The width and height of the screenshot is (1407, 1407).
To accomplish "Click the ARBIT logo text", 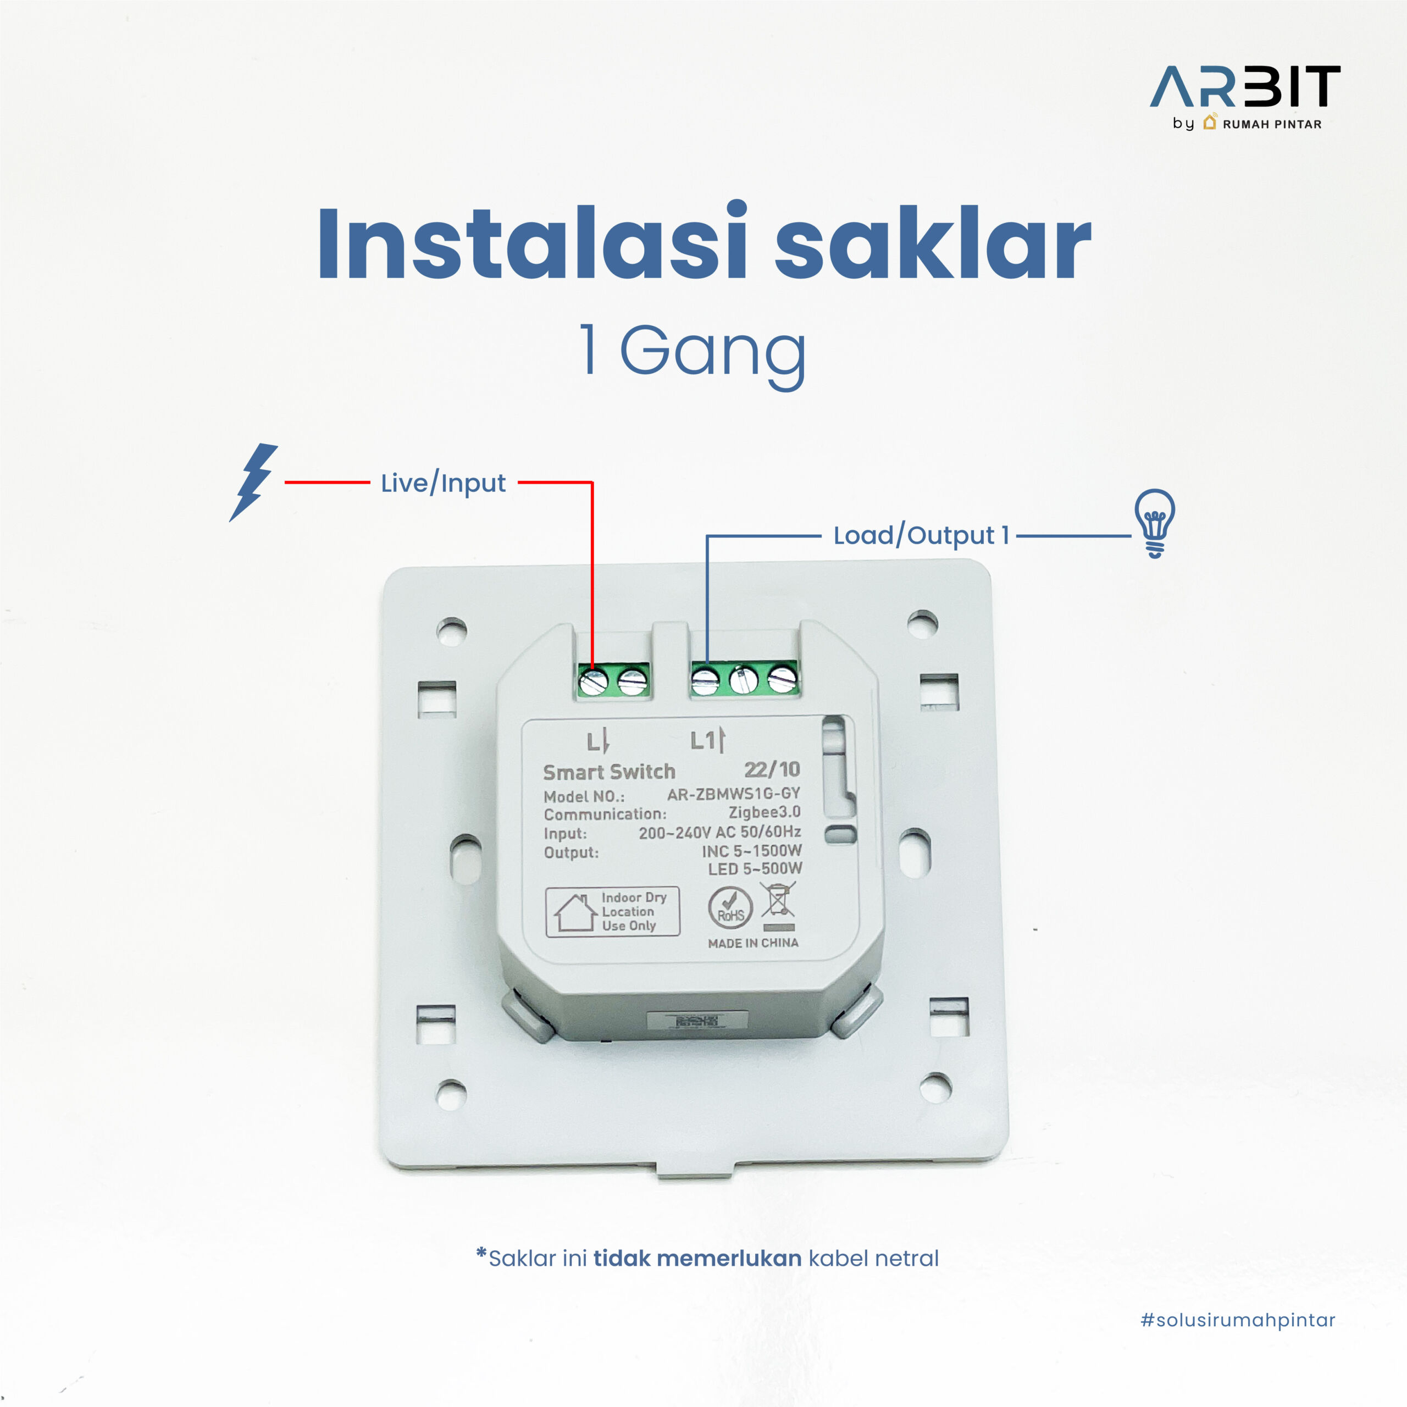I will pyautogui.click(x=1245, y=87).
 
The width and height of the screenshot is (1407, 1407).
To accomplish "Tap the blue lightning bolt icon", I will pyautogui.click(x=253, y=481).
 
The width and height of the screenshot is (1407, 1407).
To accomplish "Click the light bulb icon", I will pyautogui.click(x=1155, y=523).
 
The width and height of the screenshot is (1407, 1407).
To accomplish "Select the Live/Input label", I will pyautogui.click(x=443, y=483).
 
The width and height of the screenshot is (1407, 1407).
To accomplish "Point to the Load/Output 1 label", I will pyautogui.click(x=921, y=535).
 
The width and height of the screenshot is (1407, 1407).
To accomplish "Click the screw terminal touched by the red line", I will pyautogui.click(x=594, y=683).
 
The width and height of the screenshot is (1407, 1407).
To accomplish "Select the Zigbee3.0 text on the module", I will pyautogui.click(x=764, y=812).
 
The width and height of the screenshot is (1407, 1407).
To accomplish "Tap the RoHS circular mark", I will pyautogui.click(x=730, y=907).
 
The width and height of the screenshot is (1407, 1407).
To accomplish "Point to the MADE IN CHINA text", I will pyautogui.click(x=752, y=943).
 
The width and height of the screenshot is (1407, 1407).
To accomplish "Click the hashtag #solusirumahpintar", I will pyautogui.click(x=1237, y=1320).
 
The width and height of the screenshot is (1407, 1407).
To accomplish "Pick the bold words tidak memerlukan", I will pyautogui.click(x=697, y=1259).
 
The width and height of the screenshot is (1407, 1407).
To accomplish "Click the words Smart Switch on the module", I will pyautogui.click(x=609, y=772).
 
